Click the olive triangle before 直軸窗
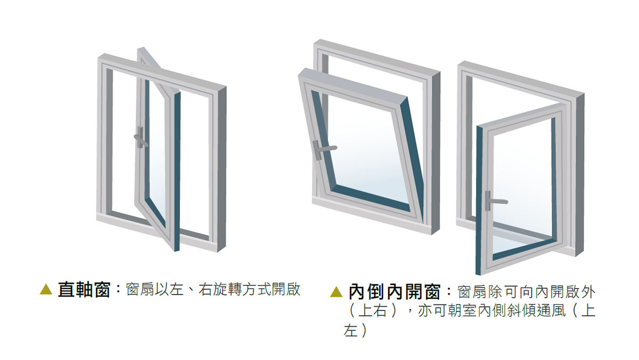pyautogui.click(x=46, y=289)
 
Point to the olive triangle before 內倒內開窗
pyautogui.click(x=336, y=292)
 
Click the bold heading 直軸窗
pyautogui.click(x=84, y=290)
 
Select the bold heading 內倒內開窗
pyautogui.click(x=394, y=292)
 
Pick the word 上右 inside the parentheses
pyautogui.click(x=373, y=311)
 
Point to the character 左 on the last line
pyautogui.click(x=350, y=331)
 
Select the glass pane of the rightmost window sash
pyautogui.click(x=525, y=183)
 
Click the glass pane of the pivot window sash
pyautogui.click(x=158, y=162)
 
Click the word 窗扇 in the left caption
pyautogui.click(x=140, y=290)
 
